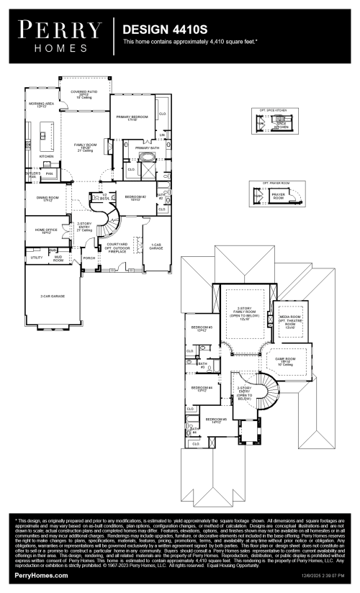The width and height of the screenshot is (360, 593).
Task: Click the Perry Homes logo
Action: (x=61, y=35)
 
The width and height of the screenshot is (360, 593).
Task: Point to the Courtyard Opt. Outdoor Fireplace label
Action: (x=117, y=247)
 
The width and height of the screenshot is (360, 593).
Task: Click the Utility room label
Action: (x=36, y=257)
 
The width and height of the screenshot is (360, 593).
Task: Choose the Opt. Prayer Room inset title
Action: (x=270, y=184)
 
